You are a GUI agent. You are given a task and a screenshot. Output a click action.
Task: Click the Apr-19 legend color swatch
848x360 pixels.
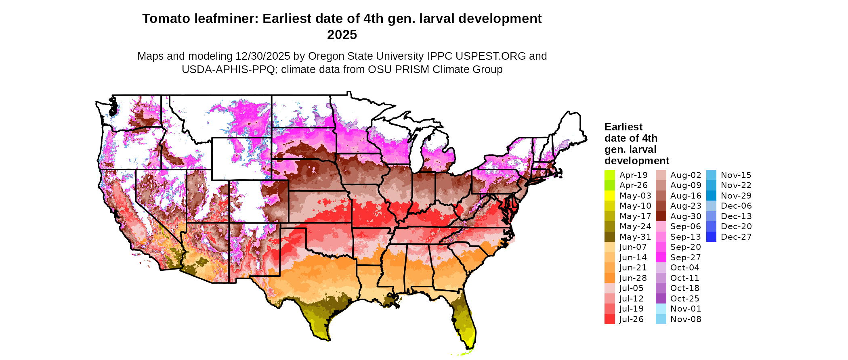tap(609, 175)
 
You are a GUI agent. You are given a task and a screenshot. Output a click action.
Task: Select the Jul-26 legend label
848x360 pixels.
tap(632, 319)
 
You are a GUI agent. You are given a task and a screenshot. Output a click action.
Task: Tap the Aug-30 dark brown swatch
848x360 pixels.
tap(661, 216)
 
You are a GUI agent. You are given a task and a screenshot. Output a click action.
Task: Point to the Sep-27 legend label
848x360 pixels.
tap(686, 257)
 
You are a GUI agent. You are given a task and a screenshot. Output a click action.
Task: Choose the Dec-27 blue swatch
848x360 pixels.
tap(711, 237)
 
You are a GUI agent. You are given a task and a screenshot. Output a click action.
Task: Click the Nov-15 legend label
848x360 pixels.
tap(736, 175)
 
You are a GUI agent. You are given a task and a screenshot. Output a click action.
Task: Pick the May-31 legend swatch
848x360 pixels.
tap(609, 237)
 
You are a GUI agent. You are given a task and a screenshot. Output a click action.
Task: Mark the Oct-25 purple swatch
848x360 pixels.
tap(661, 299)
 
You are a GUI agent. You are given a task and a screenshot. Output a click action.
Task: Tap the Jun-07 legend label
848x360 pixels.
tap(633, 247)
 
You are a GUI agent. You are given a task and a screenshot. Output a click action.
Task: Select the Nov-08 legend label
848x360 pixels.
tap(686, 319)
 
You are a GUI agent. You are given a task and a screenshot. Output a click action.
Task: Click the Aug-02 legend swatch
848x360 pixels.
tap(661, 175)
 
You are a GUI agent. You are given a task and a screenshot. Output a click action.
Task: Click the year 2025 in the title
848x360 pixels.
tap(342, 35)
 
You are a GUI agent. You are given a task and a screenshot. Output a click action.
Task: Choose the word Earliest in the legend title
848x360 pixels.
tap(623, 127)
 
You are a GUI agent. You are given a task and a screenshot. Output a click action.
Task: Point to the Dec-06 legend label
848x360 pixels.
tap(736, 206)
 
